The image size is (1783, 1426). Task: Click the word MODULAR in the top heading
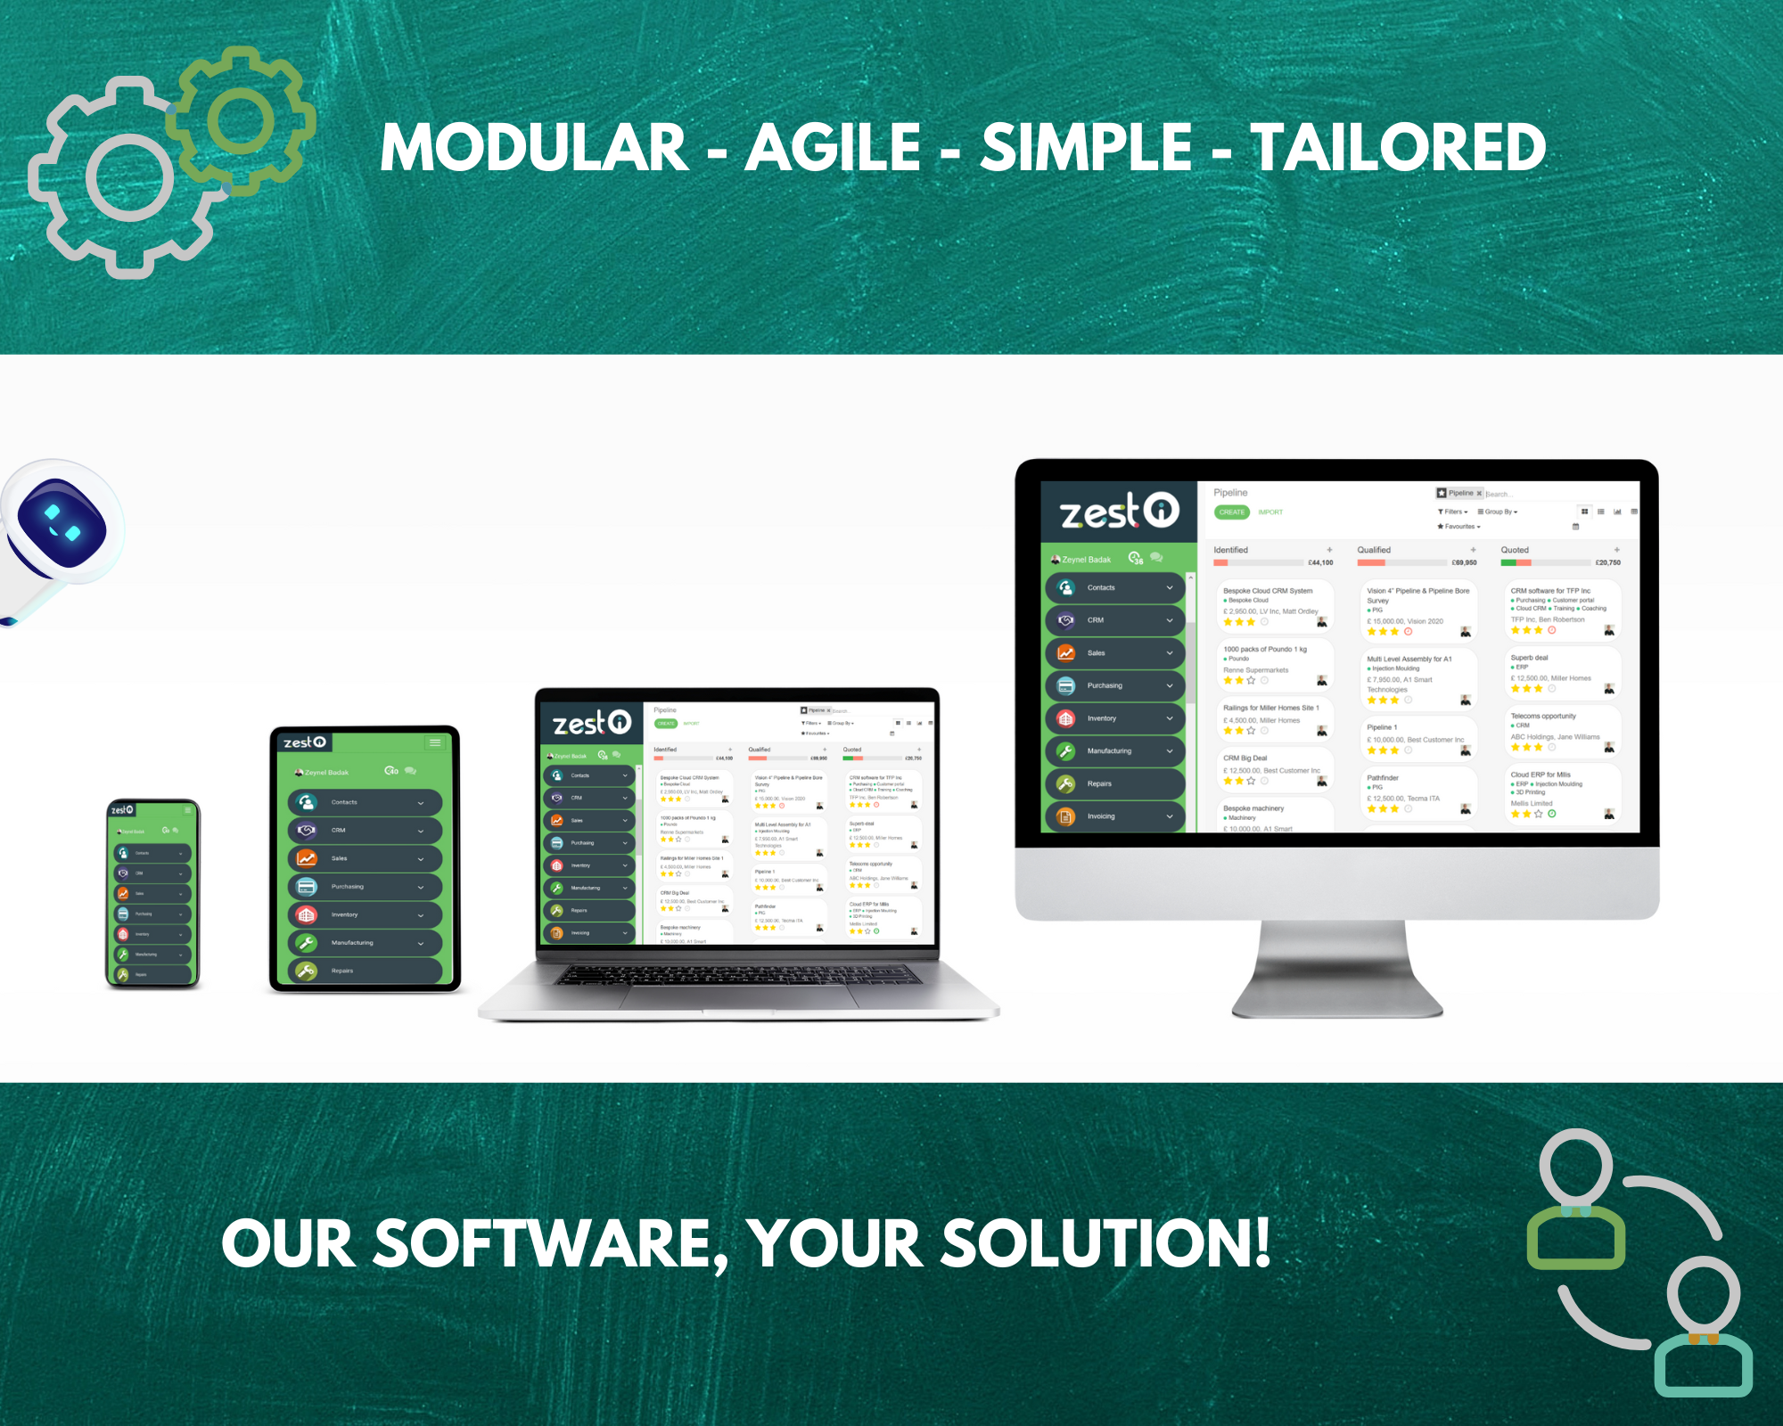[534, 148]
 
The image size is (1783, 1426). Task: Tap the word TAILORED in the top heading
[1398, 148]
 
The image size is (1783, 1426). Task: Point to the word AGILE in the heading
[833, 148]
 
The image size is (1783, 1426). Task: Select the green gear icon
[241, 119]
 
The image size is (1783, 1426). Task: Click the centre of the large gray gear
[129, 178]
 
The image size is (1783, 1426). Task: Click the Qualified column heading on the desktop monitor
[1374, 550]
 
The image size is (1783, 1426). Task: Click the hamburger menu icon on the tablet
[435, 742]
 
